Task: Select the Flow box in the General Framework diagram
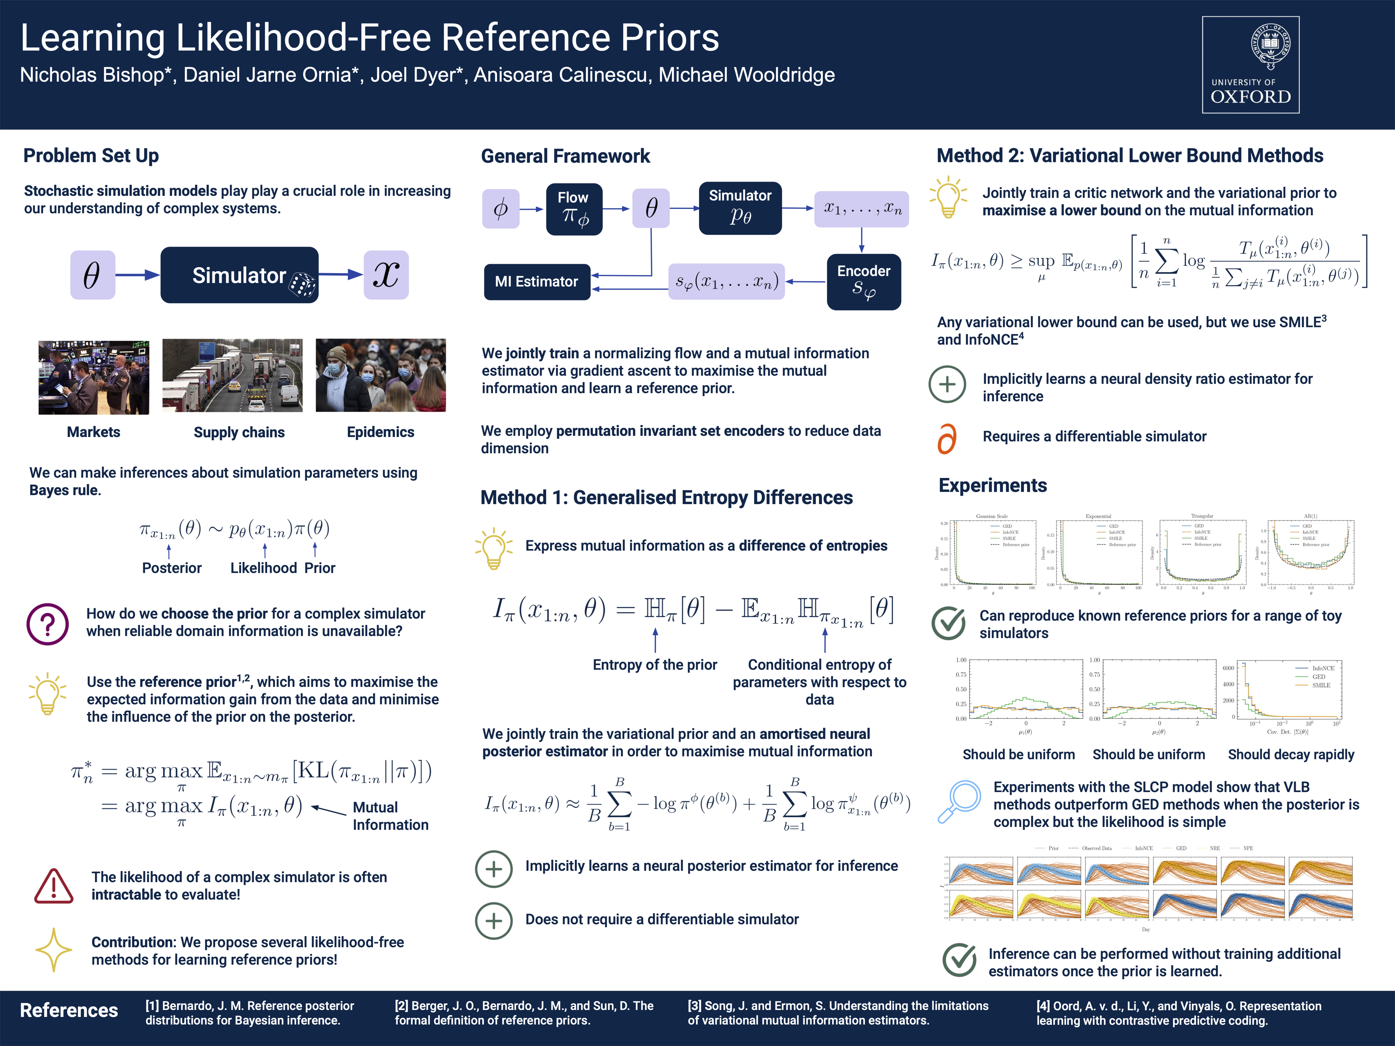tap(574, 209)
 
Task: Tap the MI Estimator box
tap(537, 282)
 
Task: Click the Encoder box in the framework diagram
tap(864, 281)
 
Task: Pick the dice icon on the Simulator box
tap(302, 284)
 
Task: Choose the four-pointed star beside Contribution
tap(54, 949)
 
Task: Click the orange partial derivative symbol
tap(947, 438)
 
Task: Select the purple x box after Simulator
tap(386, 275)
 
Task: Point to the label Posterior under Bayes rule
tap(171, 568)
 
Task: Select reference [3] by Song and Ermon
tap(837, 1013)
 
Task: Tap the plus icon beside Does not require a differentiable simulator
tap(493, 921)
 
